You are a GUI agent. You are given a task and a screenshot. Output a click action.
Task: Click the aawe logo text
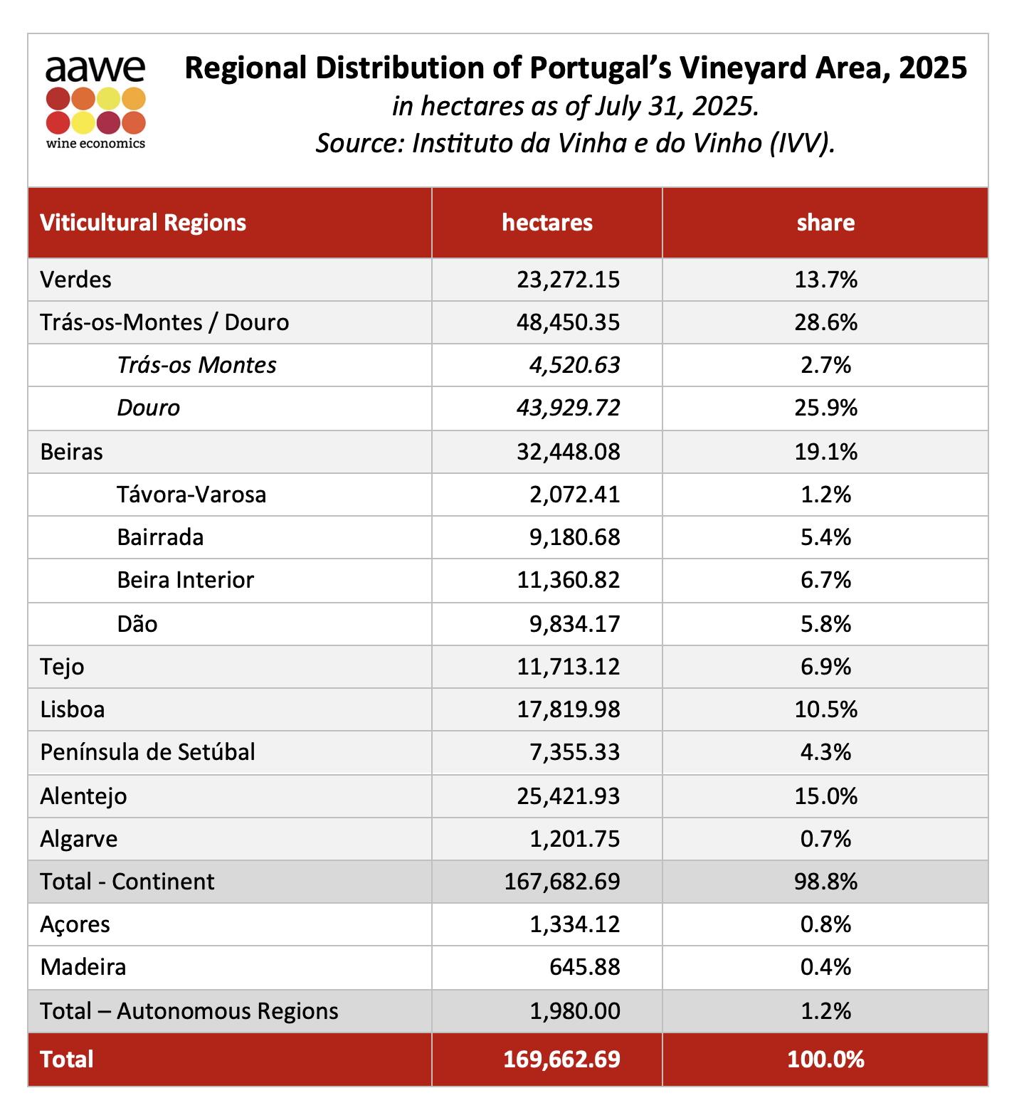95,69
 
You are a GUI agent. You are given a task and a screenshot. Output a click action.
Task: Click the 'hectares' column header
547,223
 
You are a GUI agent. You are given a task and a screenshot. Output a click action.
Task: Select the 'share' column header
825,223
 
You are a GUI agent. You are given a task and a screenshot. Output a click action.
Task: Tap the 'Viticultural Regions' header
143,223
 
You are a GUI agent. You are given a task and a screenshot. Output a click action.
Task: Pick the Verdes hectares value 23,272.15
569,280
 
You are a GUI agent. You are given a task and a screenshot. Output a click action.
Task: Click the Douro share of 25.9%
825,408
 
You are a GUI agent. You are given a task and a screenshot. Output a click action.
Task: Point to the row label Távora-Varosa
191,494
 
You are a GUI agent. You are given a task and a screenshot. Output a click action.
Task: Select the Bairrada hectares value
575,537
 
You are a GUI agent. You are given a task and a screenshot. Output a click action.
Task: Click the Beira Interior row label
185,580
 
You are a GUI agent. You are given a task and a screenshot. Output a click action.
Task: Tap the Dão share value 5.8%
825,624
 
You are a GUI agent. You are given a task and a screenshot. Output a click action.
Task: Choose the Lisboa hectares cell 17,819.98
569,709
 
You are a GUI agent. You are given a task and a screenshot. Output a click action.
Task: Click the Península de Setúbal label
147,752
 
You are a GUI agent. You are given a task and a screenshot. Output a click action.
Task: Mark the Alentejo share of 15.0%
825,796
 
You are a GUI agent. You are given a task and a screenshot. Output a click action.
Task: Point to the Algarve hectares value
575,839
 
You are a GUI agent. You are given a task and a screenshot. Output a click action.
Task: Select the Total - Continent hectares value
562,882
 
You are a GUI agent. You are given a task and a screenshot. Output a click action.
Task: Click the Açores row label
75,925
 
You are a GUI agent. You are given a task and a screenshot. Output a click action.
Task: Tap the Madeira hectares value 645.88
585,967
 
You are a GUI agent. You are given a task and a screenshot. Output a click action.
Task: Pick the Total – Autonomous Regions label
189,1011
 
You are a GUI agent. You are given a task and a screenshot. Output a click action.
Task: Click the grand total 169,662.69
562,1060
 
